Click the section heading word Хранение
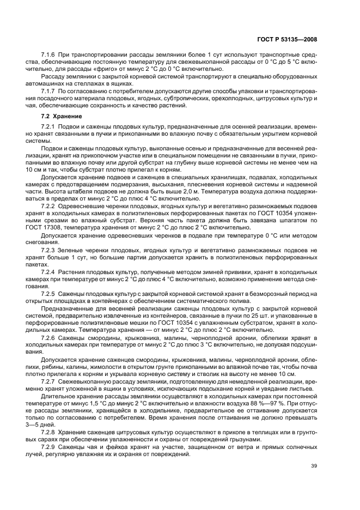point(68,116)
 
